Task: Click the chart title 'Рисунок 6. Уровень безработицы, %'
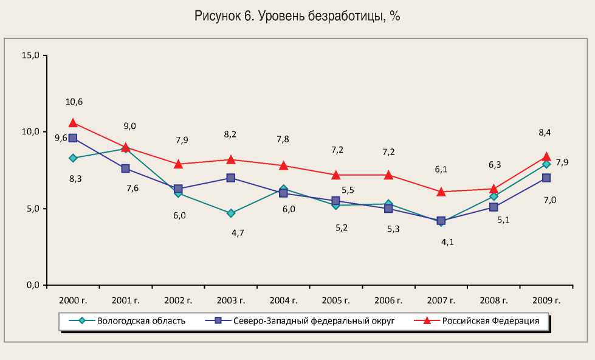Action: point(297,17)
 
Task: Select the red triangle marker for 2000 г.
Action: point(73,122)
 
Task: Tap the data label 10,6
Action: point(74,102)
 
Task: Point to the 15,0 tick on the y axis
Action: point(30,55)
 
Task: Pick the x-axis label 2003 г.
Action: point(231,300)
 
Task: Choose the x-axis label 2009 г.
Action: point(546,300)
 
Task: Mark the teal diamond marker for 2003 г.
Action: point(231,213)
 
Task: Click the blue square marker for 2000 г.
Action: point(73,138)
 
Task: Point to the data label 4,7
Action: point(231,233)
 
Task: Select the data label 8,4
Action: point(546,133)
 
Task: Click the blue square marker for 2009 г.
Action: point(546,178)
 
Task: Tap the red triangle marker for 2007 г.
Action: point(441,191)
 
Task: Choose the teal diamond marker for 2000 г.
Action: point(73,158)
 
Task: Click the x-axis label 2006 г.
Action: point(388,300)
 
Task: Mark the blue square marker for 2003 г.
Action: point(231,178)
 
